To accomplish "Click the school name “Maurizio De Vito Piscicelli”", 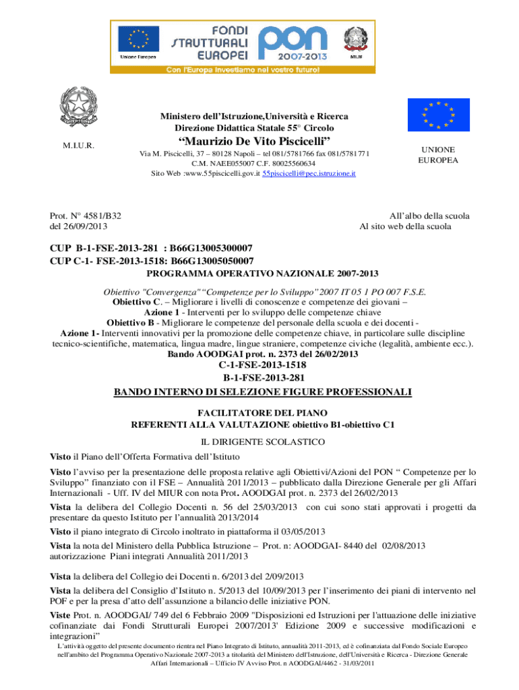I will [x=254, y=140].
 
